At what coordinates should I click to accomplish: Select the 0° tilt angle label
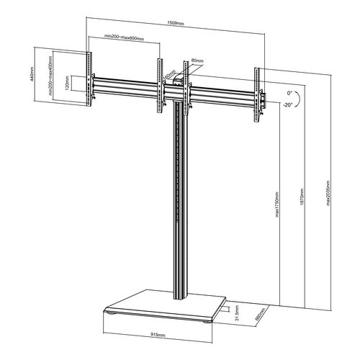pos(289,94)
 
